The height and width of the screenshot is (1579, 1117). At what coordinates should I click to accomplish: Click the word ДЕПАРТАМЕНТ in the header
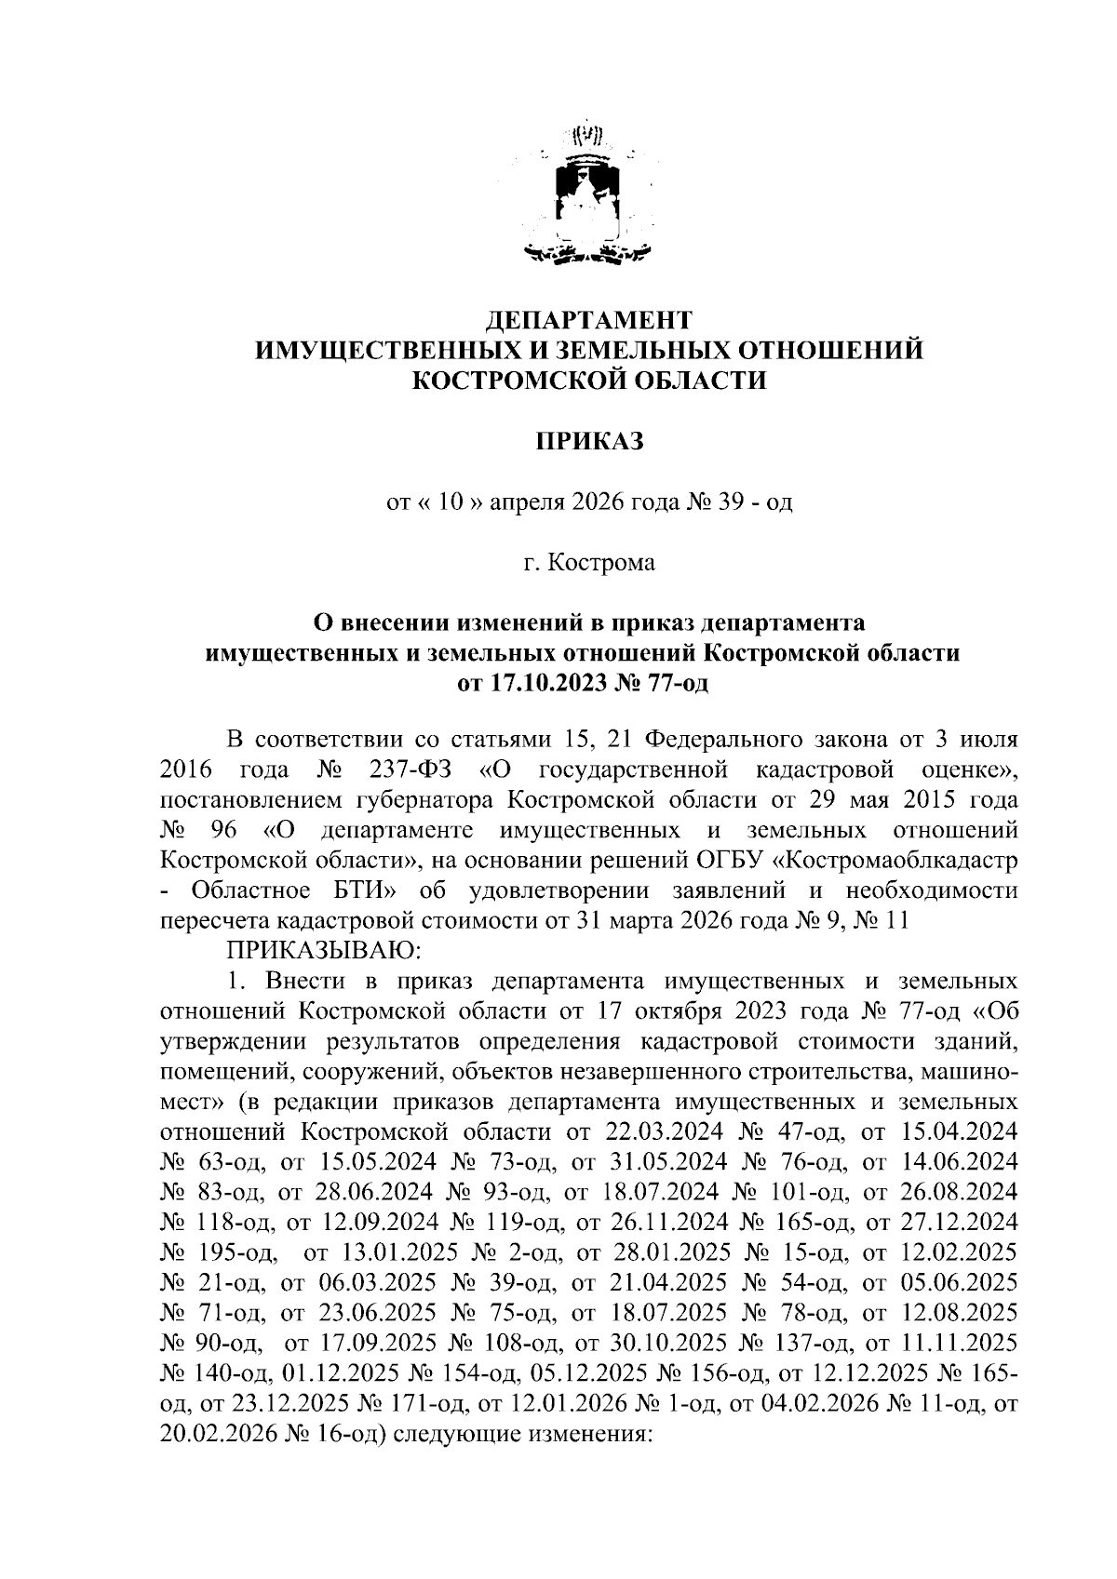(x=590, y=320)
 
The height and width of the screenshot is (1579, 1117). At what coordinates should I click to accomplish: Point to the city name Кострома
(x=600, y=563)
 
